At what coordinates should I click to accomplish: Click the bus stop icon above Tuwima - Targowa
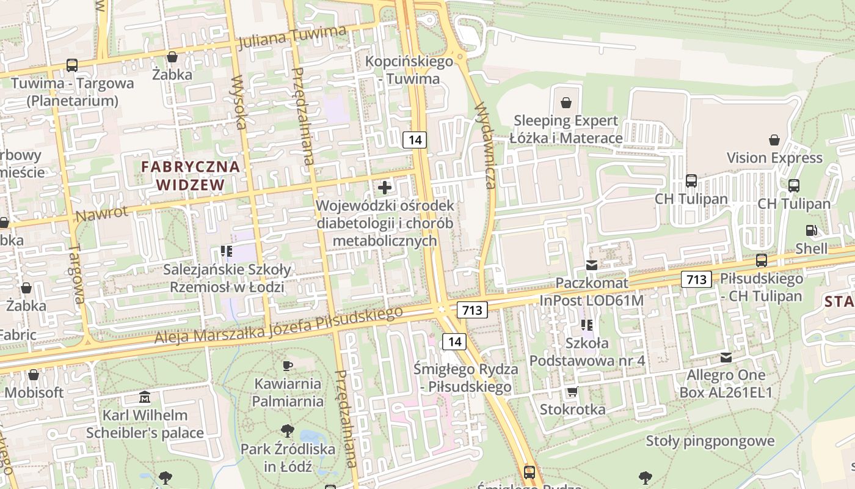click(x=71, y=65)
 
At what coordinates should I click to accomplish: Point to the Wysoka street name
click(x=239, y=102)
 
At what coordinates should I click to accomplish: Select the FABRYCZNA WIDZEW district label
click(x=191, y=175)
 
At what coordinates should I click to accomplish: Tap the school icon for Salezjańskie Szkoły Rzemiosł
click(x=227, y=251)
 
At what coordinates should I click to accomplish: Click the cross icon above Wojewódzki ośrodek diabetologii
click(x=385, y=187)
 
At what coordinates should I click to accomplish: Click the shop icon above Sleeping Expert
click(x=566, y=102)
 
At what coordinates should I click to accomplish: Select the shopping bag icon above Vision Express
click(x=774, y=140)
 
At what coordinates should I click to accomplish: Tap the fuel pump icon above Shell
click(x=811, y=230)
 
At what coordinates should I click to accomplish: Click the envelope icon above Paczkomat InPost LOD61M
click(x=591, y=265)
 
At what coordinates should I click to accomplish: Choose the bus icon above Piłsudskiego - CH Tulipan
click(x=762, y=260)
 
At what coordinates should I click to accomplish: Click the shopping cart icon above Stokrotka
click(x=572, y=391)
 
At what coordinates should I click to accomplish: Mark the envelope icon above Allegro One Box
click(x=726, y=357)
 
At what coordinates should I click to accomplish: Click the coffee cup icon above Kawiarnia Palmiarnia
click(x=288, y=366)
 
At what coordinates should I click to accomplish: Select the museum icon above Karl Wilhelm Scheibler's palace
click(x=145, y=397)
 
